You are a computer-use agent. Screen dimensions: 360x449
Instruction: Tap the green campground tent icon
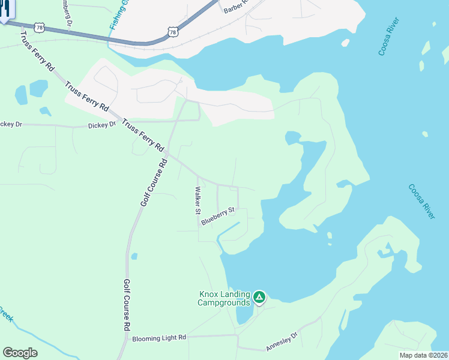(259, 297)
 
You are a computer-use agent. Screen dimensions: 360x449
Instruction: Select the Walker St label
(197, 200)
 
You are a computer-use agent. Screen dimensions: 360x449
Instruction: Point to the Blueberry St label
(217, 216)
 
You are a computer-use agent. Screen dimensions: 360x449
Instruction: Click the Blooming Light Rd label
(159, 338)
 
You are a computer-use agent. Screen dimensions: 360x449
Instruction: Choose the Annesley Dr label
(282, 342)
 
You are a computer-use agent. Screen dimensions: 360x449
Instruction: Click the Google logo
(20, 353)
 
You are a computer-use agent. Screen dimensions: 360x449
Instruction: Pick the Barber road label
(235, 7)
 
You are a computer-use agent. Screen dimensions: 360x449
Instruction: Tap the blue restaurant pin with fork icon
(5, 10)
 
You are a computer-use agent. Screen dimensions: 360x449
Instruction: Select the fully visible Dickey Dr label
(101, 125)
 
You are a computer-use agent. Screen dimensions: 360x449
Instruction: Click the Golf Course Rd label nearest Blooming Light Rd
(127, 305)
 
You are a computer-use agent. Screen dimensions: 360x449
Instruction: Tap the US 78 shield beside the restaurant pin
(40, 28)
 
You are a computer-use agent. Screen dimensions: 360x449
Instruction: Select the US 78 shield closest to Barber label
(173, 31)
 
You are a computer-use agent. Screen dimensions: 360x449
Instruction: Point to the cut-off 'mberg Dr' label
(67, 12)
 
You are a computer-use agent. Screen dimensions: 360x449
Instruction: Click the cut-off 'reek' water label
(5, 314)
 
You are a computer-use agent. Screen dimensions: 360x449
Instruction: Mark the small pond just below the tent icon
(244, 312)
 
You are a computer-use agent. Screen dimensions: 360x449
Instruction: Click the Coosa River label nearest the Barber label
(389, 37)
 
